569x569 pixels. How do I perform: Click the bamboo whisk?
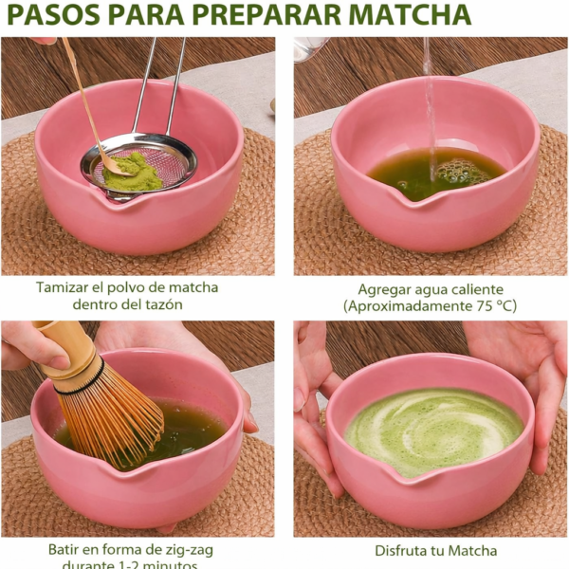pos(104,408)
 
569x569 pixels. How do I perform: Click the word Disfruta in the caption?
pos(402,550)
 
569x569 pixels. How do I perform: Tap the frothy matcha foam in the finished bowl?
pos(432,431)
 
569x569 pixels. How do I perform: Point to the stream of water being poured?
pos(429,104)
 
